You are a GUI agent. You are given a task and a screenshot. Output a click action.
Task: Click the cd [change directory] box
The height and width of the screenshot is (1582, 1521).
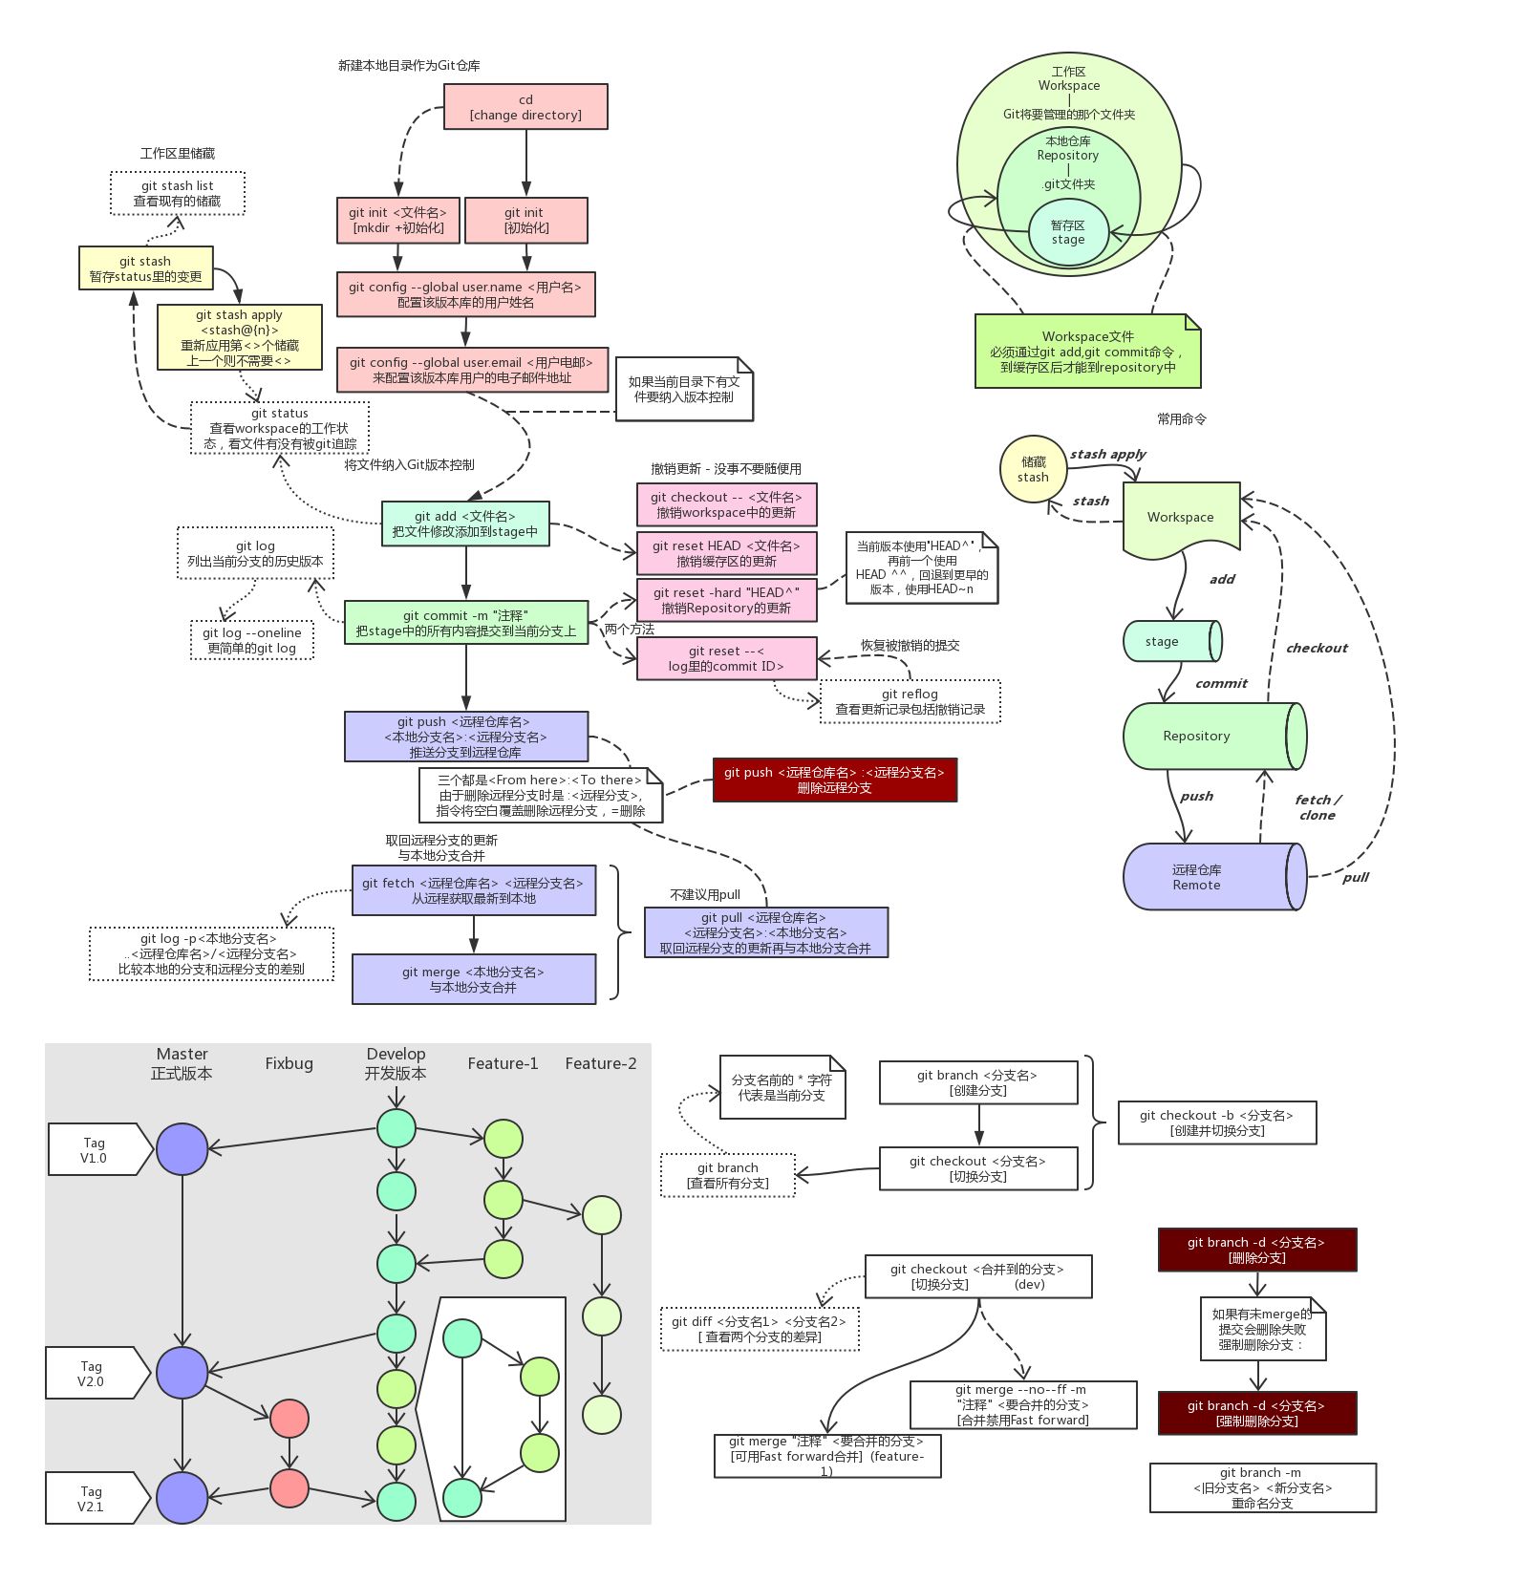(525, 107)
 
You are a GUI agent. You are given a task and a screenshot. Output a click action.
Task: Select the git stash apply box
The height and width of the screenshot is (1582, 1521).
(239, 337)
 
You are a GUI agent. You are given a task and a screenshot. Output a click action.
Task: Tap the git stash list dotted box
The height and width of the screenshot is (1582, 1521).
(178, 194)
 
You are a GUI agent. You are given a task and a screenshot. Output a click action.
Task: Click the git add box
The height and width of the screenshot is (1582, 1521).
(465, 524)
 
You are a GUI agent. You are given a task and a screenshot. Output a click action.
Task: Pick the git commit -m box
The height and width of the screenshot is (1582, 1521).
(465, 623)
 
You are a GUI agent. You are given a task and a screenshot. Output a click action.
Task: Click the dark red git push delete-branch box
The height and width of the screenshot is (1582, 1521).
(834, 780)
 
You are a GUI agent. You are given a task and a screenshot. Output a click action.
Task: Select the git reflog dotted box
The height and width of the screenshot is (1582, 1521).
(910, 701)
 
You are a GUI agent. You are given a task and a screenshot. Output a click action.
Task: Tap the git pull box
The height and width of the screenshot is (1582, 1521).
(765, 932)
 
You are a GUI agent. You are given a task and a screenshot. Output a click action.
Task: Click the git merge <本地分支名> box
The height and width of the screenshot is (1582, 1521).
(473, 979)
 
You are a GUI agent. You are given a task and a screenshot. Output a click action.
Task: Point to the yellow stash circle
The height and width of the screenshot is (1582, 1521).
(1033, 469)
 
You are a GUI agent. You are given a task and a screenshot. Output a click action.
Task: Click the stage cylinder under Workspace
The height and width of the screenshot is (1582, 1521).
(1171, 642)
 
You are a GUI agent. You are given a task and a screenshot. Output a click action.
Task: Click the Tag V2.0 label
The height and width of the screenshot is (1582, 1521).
(93, 1374)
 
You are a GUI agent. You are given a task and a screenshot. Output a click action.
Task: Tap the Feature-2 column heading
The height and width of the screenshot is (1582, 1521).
(600, 1063)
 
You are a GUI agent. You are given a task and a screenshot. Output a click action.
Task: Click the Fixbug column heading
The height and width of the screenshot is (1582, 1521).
(289, 1063)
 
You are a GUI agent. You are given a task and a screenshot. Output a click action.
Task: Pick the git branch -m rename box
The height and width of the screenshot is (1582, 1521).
(1262, 1487)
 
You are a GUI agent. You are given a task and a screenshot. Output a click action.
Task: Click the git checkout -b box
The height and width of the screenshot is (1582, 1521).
(1216, 1122)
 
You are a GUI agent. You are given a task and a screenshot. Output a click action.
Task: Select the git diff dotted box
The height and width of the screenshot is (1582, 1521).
(760, 1329)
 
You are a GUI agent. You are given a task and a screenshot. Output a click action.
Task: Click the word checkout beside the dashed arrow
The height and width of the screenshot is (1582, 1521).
(1316, 648)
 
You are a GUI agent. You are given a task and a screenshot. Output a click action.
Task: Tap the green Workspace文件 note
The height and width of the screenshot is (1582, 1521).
(1087, 352)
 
